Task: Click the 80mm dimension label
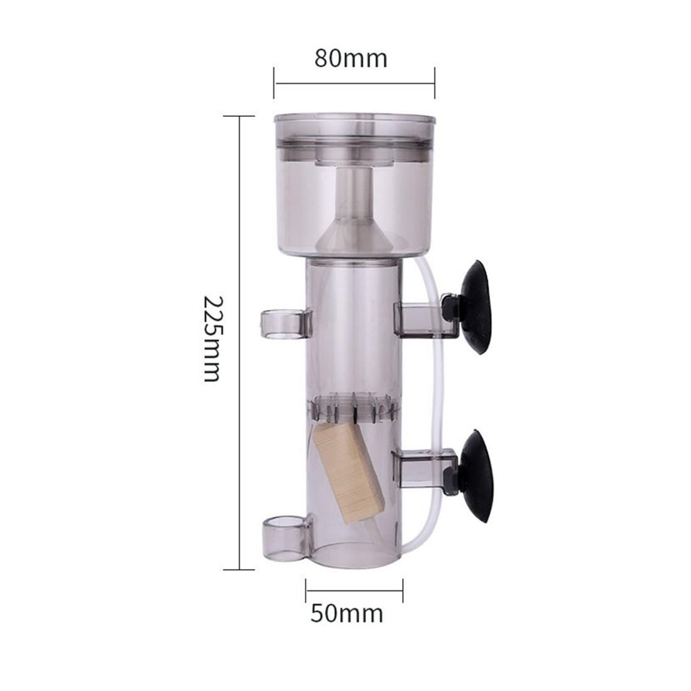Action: tap(351, 58)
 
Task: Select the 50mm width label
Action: tap(347, 613)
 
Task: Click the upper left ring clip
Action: tap(286, 325)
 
